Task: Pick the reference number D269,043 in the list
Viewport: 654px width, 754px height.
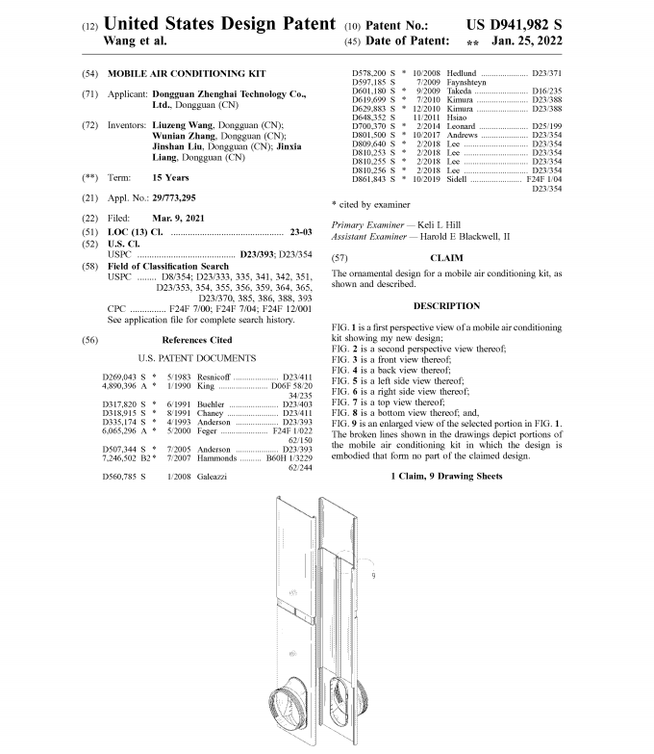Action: pos(119,376)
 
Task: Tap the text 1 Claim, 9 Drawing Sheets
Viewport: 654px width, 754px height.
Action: pos(446,477)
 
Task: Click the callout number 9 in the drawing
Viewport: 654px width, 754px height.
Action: pos(371,576)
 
